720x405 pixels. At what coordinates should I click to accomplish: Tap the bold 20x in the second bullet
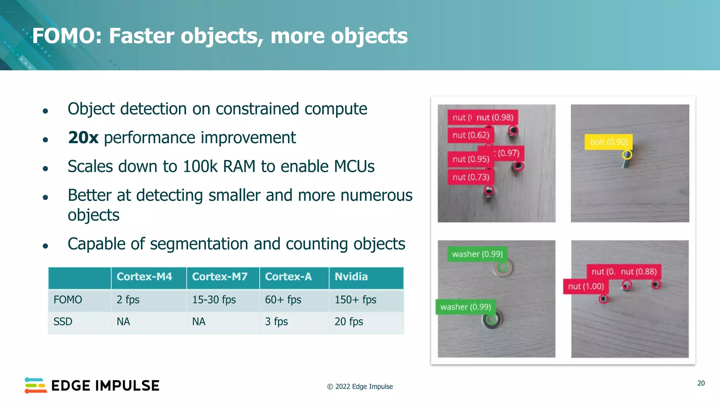[83, 138]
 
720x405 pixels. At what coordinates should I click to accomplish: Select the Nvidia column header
[351, 277]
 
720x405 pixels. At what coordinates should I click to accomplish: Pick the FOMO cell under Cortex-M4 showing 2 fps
[128, 300]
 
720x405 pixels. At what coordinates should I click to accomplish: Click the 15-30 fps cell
[214, 300]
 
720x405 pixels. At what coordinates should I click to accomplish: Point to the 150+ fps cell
[355, 300]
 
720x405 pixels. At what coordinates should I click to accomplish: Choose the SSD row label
[63, 322]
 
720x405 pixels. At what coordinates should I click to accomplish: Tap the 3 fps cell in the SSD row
[276, 322]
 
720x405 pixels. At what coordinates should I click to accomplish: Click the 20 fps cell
[349, 322]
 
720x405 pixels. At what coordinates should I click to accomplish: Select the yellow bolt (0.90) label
[609, 142]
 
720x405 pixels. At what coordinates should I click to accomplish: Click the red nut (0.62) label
[470, 135]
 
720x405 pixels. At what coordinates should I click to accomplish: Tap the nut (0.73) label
[470, 177]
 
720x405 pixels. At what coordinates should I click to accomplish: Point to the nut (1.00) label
[586, 287]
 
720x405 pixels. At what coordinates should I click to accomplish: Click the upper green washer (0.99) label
[477, 254]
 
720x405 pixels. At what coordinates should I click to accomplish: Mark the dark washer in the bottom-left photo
[491, 320]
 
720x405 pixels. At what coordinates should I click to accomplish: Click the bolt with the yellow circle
[626, 160]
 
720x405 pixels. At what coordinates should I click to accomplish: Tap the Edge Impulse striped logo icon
[36, 386]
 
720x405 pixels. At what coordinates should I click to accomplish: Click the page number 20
[701, 383]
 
